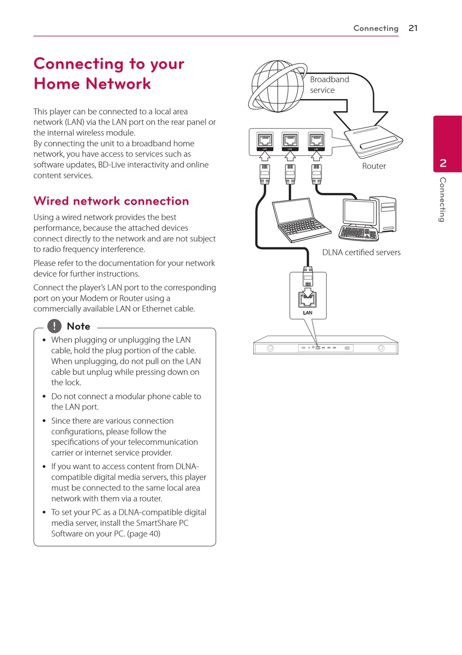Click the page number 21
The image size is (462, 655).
point(413,28)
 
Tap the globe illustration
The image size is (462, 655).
point(277,86)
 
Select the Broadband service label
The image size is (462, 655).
point(329,85)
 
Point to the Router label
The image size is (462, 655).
point(373,166)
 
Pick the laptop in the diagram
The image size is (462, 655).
point(302,220)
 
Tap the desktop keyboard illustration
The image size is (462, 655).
point(358,234)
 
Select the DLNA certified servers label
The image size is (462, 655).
point(361,252)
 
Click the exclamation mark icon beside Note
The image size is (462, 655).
point(54,326)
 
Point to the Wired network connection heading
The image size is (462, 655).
point(111,201)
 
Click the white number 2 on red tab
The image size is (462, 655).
point(443,163)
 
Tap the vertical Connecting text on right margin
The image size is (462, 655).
point(443,199)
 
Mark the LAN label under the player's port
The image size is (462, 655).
point(307,312)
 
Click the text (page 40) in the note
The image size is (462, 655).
point(143,534)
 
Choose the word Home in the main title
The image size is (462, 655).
point(57,84)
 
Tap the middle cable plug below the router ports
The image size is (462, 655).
point(290,174)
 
